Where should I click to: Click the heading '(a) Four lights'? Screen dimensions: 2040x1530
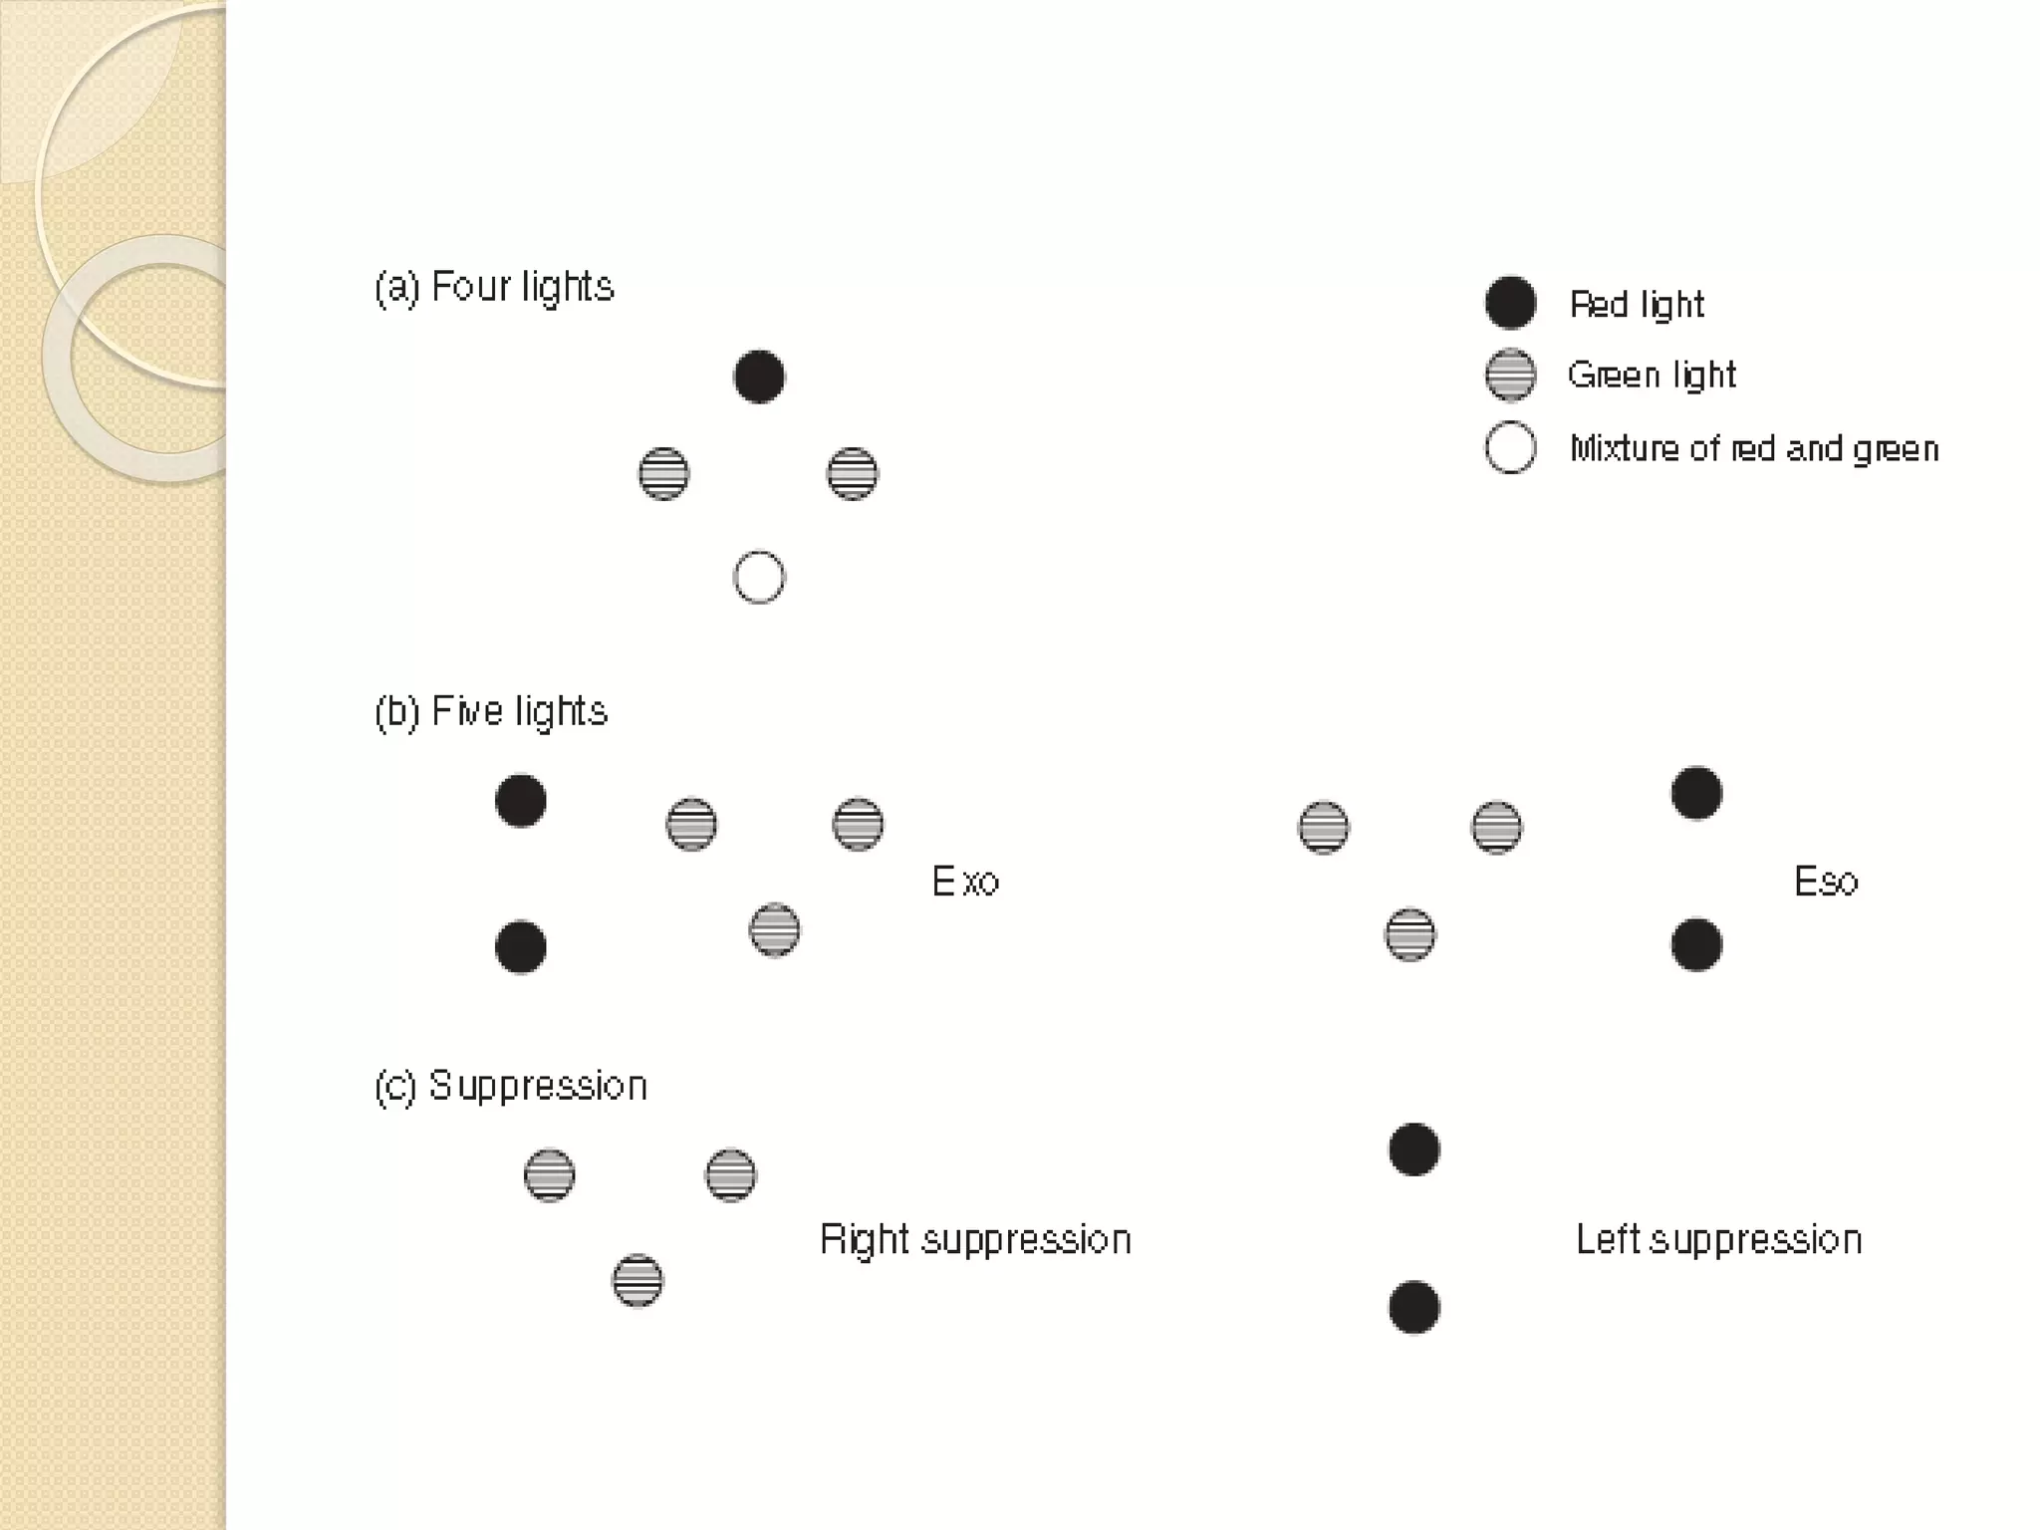click(x=494, y=288)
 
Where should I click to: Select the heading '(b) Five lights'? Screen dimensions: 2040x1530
click(x=491, y=712)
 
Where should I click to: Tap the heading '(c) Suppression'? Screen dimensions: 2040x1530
click(x=511, y=1086)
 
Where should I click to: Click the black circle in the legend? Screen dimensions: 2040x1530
click(x=1510, y=303)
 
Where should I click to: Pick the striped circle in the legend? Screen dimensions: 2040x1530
click(x=1510, y=376)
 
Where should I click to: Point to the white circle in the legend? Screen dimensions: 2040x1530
click(x=1510, y=448)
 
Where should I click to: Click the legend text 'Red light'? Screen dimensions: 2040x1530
click(x=1637, y=305)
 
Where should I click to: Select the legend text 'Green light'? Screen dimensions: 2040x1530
click(x=1652, y=376)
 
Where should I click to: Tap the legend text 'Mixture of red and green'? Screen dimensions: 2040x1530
click(x=1754, y=449)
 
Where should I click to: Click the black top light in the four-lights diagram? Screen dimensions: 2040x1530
click(x=759, y=377)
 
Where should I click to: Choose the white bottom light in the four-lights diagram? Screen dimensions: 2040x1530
click(x=759, y=578)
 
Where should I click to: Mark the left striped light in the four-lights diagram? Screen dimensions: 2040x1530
click(x=663, y=474)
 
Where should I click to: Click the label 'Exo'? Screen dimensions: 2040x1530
click(x=965, y=882)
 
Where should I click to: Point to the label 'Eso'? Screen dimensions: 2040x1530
click(x=1826, y=882)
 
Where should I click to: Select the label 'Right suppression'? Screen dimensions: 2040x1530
click(x=975, y=1240)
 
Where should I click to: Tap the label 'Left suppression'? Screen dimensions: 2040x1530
click(x=1718, y=1240)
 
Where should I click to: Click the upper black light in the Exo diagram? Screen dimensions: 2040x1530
click(x=521, y=801)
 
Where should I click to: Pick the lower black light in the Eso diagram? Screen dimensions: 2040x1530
click(x=1696, y=944)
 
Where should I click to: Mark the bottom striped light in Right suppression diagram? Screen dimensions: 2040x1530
click(x=637, y=1281)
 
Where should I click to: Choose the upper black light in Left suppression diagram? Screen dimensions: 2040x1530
click(x=1414, y=1149)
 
